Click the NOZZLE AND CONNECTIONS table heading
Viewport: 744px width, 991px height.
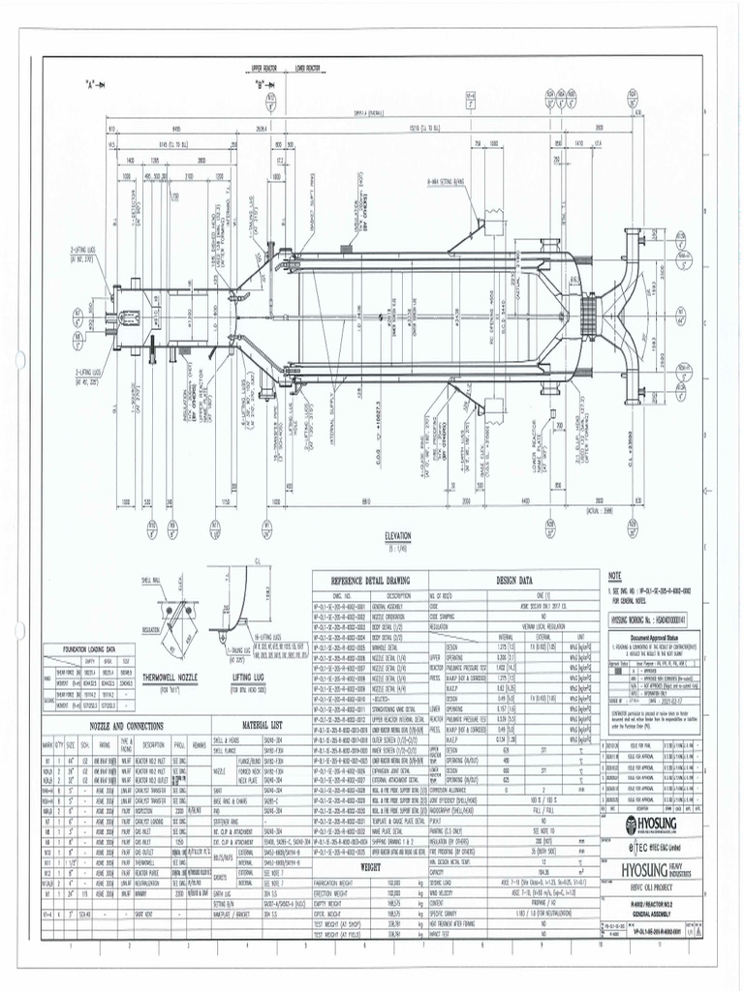point(127,725)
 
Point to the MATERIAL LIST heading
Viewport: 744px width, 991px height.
point(262,725)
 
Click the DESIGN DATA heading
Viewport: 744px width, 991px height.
point(514,580)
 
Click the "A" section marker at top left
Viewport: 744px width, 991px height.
point(95,84)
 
